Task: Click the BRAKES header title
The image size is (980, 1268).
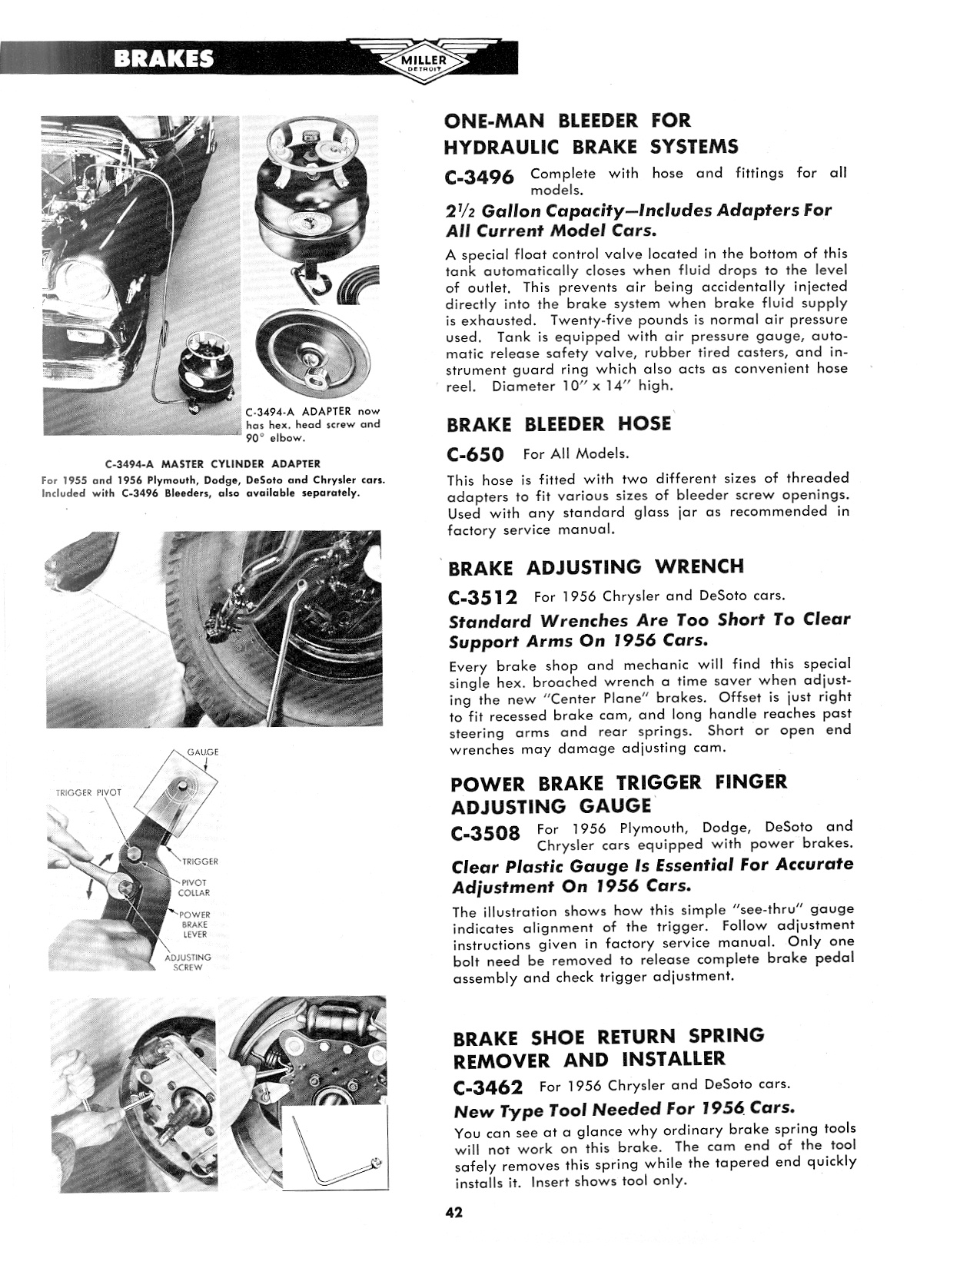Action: [164, 59]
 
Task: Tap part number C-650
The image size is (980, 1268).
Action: [474, 454]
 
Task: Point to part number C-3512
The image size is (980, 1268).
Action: [482, 597]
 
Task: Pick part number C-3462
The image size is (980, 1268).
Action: [488, 1087]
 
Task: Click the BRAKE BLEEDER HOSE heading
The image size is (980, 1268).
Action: [559, 424]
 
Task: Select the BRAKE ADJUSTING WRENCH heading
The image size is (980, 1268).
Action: [596, 568]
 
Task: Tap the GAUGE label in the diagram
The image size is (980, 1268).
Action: [203, 751]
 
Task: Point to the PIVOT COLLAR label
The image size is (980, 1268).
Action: [195, 888]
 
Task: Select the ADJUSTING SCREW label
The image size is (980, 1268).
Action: [188, 962]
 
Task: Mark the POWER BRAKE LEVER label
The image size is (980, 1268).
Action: [194, 924]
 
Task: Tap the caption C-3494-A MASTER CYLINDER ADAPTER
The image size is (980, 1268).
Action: [212, 463]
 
